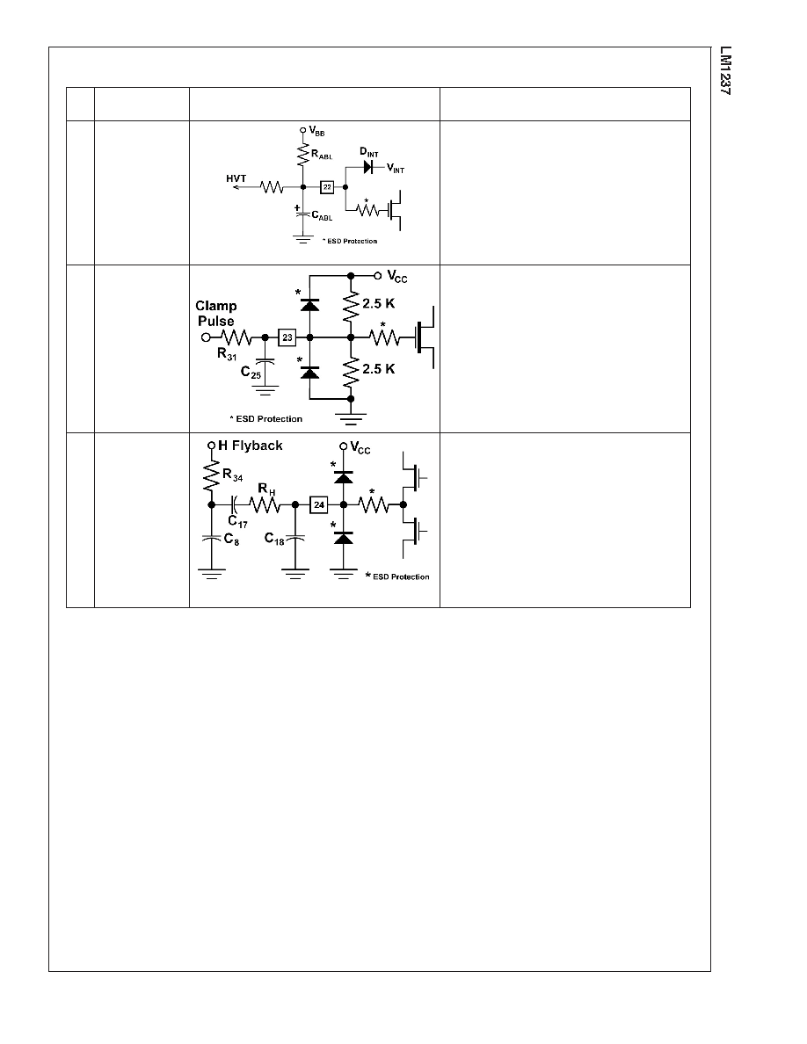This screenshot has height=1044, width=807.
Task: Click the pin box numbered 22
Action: [x=327, y=187]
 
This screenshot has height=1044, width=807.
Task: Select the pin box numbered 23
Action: [x=287, y=337]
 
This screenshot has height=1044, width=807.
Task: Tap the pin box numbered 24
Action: [x=319, y=504]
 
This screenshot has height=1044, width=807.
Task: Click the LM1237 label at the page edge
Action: [x=725, y=70]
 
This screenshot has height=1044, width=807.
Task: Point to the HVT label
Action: [x=236, y=178]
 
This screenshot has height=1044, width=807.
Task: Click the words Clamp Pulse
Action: [x=215, y=313]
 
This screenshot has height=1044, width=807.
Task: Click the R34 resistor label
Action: [x=232, y=475]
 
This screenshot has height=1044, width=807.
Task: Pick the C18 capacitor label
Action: [x=274, y=539]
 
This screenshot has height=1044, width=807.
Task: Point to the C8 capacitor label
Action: [x=232, y=540]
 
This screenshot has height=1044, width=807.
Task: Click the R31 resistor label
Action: [x=227, y=354]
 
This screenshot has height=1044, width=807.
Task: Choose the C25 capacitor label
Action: [x=251, y=373]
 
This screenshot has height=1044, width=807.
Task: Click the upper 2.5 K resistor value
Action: [x=378, y=303]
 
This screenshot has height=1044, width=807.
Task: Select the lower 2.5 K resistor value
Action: [x=378, y=369]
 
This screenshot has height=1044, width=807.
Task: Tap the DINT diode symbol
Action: [x=368, y=167]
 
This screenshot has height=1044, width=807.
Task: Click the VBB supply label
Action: [x=317, y=132]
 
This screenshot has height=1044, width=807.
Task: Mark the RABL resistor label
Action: [x=322, y=155]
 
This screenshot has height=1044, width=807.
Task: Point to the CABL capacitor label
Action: [x=322, y=215]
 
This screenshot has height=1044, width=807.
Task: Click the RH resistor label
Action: [x=266, y=490]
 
